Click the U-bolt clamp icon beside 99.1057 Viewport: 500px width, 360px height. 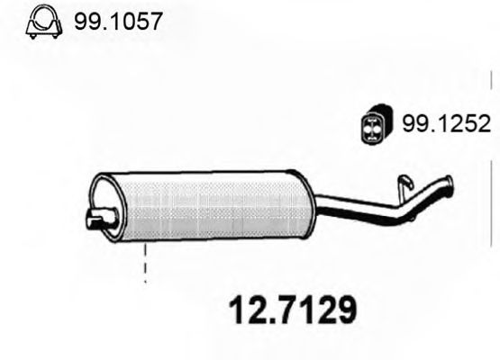pyautogui.click(x=40, y=22)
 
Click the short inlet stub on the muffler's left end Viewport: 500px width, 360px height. pyautogui.click(x=98, y=216)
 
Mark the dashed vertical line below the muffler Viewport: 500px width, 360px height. pyautogui.click(x=144, y=267)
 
